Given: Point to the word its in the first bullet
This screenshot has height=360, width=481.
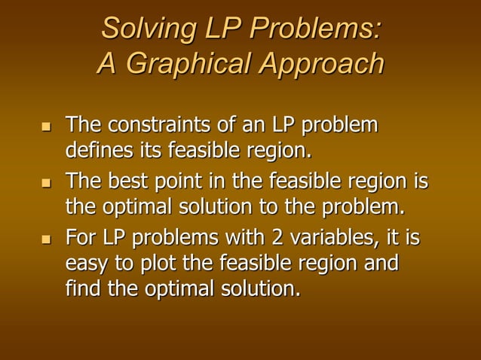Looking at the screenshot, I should point(151,149).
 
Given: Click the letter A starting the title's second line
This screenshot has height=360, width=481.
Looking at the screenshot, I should point(107,65).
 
